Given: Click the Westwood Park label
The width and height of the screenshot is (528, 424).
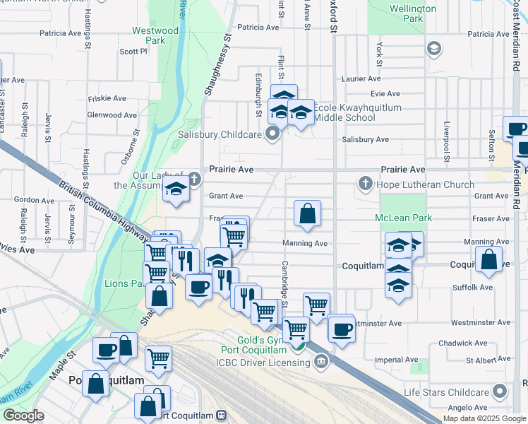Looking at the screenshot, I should pos(155,36).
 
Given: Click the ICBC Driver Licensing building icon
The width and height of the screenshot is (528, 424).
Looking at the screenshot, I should pos(321,363).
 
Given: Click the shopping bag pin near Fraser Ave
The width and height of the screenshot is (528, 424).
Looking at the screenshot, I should pos(308,213).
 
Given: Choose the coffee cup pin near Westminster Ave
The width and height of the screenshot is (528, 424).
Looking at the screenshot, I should pos(342,329).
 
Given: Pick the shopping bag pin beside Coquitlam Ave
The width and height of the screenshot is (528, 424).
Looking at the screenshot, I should pos(489,259).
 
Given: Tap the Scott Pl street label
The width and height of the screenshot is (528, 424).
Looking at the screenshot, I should pos(133,51).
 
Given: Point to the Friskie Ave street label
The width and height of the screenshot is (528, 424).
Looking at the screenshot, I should pos(107,98).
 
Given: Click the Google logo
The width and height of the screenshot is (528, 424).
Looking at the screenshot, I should pos(24,416).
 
